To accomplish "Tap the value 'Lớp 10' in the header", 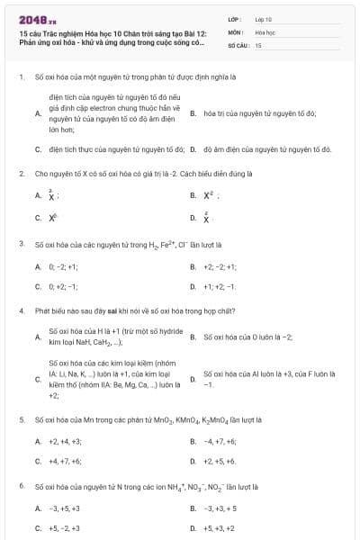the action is pyautogui.click(x=264, y=18).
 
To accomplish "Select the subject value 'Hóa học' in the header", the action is pyautogui.click(x=265, y=31).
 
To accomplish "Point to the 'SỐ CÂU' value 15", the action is pyautogui.click(x=258, y=44).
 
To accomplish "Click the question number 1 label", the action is pyautogui.click(x=21, y=77).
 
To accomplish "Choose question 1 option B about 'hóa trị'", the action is pyautogui.click(x=259, y=113).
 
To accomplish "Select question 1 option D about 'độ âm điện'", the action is pyautogui.click(x=268, y=149).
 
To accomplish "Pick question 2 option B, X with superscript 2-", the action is pyautogui.click(x=211, y=194).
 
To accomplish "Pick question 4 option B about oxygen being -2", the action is pyautogui.click(x=247, y=337).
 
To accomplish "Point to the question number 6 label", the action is pyautogui.click(x=21, y=486).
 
